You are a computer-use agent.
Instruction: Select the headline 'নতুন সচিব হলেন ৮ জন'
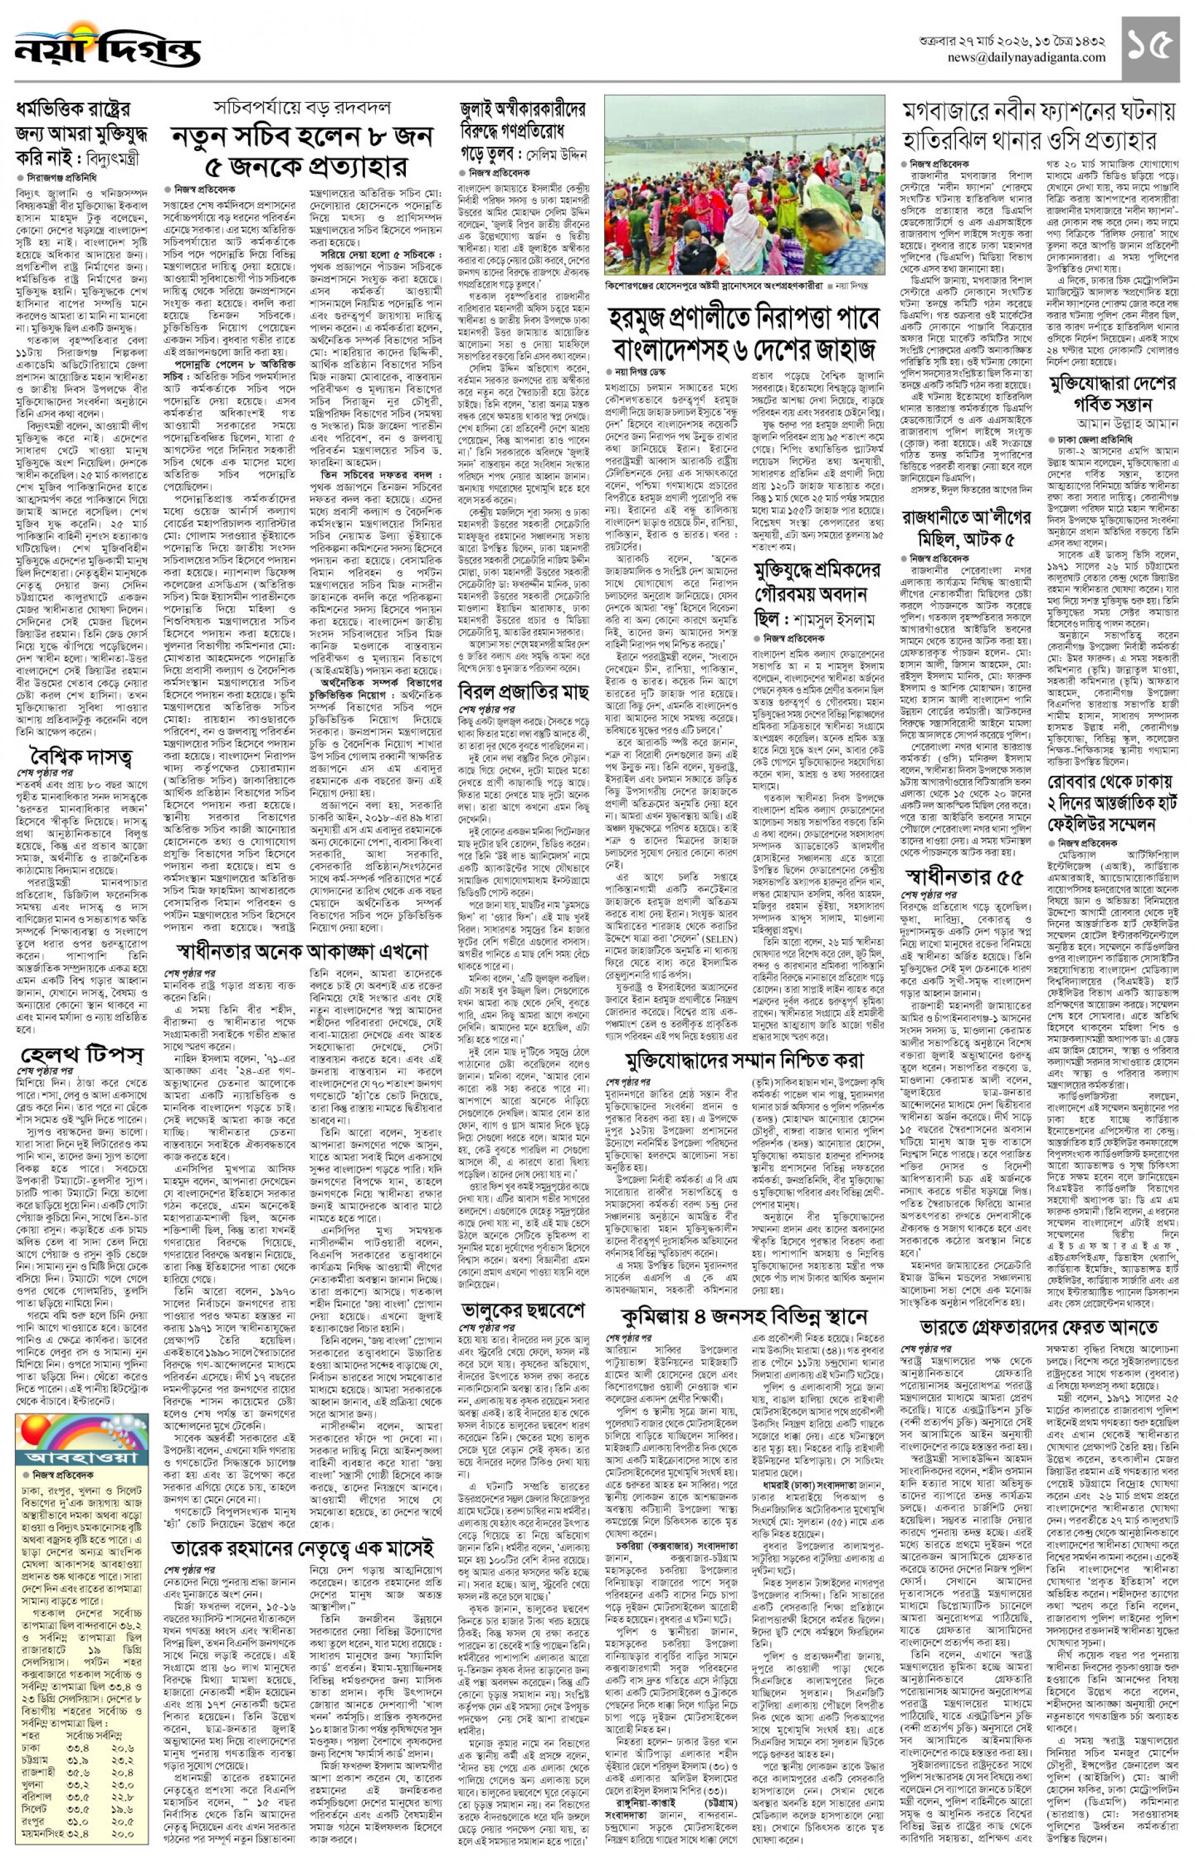pyautogui.click(x=302, y=138)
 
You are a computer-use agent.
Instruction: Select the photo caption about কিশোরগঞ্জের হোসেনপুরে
pyautogui.click(x=714, y=285)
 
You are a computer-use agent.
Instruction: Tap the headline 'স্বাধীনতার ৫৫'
pyautogui.click(x=963, y=877)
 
